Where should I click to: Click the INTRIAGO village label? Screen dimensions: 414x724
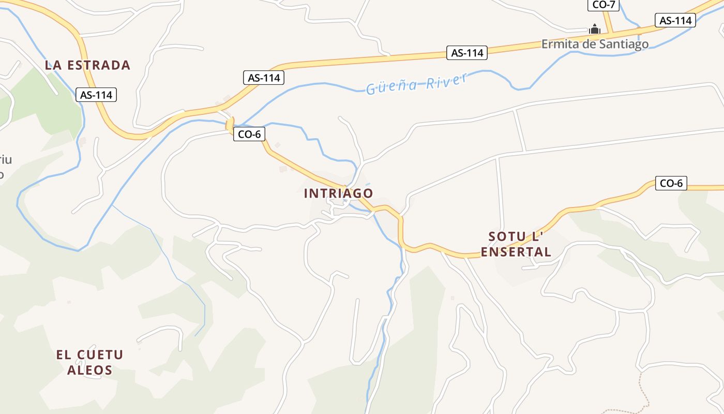[x=338, y=194]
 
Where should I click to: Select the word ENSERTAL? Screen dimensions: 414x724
[x=516, y=252]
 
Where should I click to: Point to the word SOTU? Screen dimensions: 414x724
[x=503, y=237]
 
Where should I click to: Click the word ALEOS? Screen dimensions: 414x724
[x=89, y=370]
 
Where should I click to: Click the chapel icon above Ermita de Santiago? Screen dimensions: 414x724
[x=595, y=29]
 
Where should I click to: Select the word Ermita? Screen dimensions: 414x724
[x=557, y=44]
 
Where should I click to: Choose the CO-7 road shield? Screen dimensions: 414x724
[x=603, y=5]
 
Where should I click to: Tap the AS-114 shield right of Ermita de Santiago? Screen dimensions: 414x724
[x=675, y=21]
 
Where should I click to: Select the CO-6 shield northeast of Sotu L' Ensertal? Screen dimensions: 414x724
[x=671, y=183]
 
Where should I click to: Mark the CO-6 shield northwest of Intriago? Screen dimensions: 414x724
[x=249, y=135]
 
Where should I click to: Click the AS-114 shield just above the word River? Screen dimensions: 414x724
[x=467, y=53]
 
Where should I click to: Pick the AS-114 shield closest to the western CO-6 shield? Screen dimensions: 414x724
[x=264, y=78]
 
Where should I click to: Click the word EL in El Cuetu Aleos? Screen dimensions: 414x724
[x=63, y=355]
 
